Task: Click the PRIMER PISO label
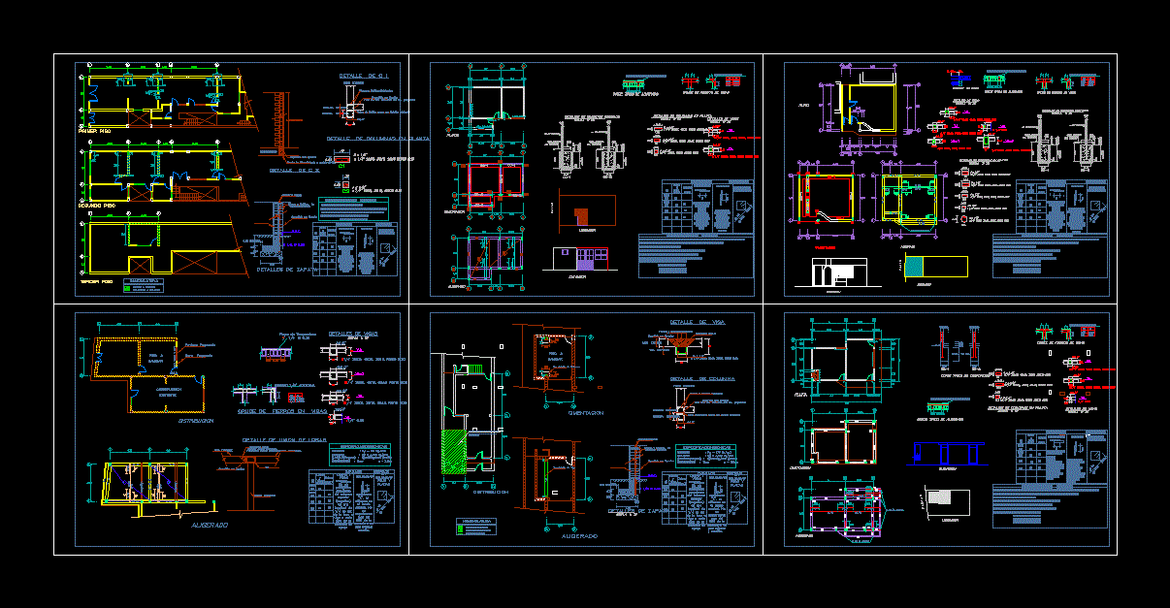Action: point(93,129)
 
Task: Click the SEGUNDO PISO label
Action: point(97,206)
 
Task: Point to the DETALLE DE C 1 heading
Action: point(364,76)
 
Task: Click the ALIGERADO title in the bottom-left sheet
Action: point(209,525)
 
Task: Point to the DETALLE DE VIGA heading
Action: point(698,321)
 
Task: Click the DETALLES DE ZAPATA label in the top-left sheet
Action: point(281,270)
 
